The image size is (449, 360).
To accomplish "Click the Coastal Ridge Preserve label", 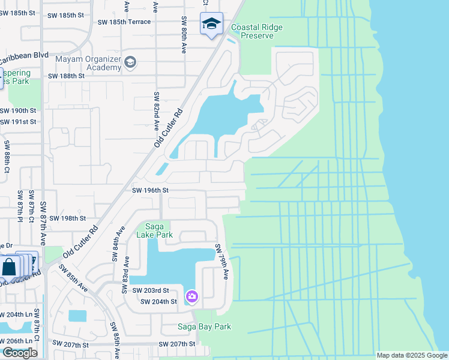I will pos(257,32).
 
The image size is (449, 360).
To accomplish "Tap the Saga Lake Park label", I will pos(159,230).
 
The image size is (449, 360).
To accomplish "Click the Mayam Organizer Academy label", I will pos(88,63).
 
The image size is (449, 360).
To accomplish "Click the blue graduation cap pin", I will pos(211,24).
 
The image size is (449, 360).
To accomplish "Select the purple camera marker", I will pos(192,296).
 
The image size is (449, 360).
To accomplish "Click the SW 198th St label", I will pos(68,218).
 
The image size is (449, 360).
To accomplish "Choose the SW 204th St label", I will pos(158,301).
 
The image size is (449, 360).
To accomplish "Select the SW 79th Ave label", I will pos(222,262).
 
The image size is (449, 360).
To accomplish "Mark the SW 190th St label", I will pos(19,111).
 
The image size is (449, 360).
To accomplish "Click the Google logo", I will pos(20,353).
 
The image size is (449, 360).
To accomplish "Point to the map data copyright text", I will pos(411,355).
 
